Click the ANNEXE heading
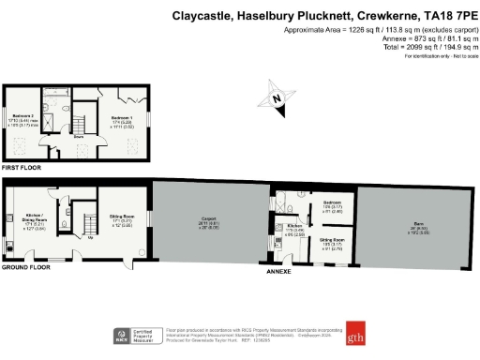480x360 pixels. tap(280, 272)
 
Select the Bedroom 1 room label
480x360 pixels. tap(125, 117)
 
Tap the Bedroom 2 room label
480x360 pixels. tap(22, 117)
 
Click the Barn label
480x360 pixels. tap(416, 222)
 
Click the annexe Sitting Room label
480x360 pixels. tap(335, 240)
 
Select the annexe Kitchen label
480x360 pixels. tap(293, 225)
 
